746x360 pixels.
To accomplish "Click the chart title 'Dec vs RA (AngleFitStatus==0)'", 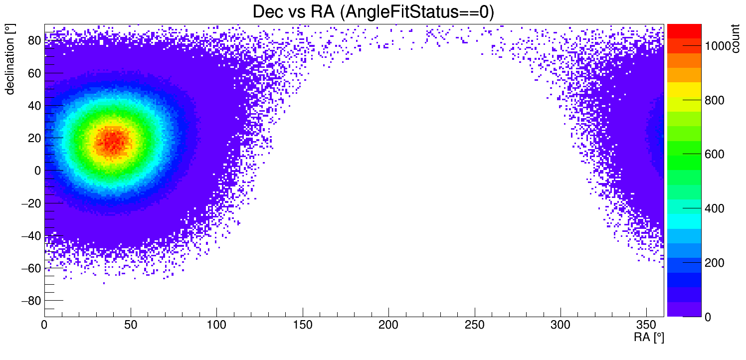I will (x=373, y=12).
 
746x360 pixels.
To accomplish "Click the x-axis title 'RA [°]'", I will (x=649, y=338).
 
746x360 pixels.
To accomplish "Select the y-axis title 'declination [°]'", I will (x=10, y=59).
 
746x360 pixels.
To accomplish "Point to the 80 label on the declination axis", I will (x=33, y=41).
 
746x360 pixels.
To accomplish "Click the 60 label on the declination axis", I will (x=33, y=73).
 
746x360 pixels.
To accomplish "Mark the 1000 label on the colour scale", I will (x=718, y=46).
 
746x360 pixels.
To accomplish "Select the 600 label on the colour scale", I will (x=714, y=155).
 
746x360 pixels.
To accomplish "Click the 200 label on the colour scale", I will (x=714, y=263).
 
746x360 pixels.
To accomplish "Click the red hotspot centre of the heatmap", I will (x=113, y=140).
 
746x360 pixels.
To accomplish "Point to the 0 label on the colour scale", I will (x=707, y=317).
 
